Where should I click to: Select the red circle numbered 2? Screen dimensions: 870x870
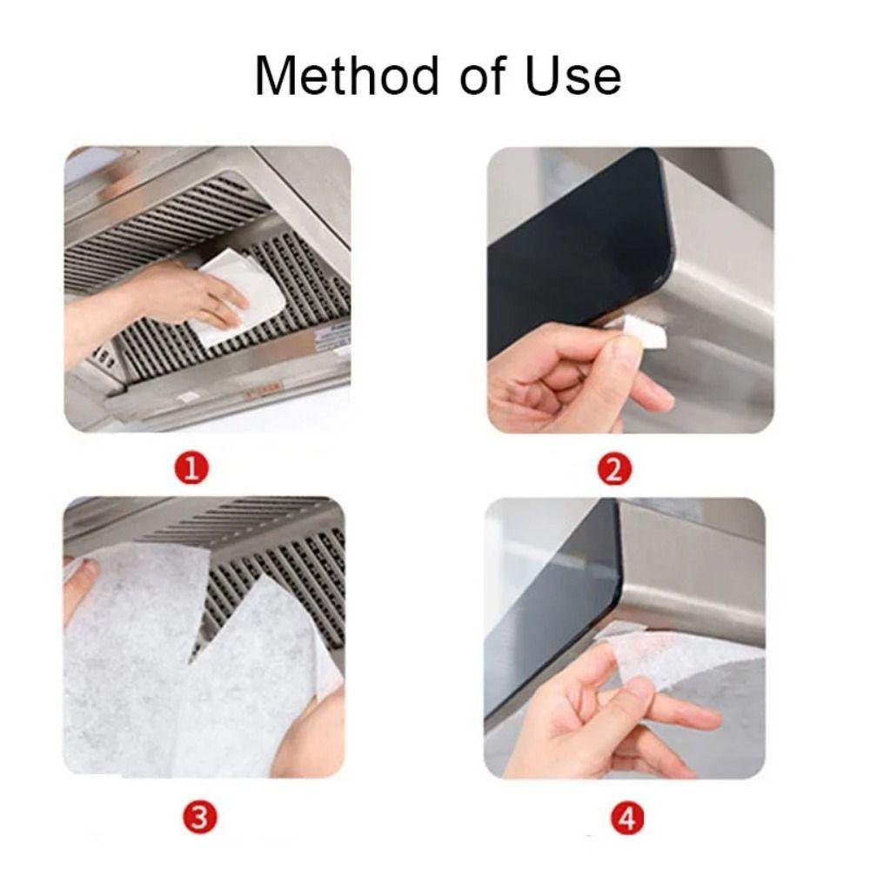pyautogui.click(x=614, y=471)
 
